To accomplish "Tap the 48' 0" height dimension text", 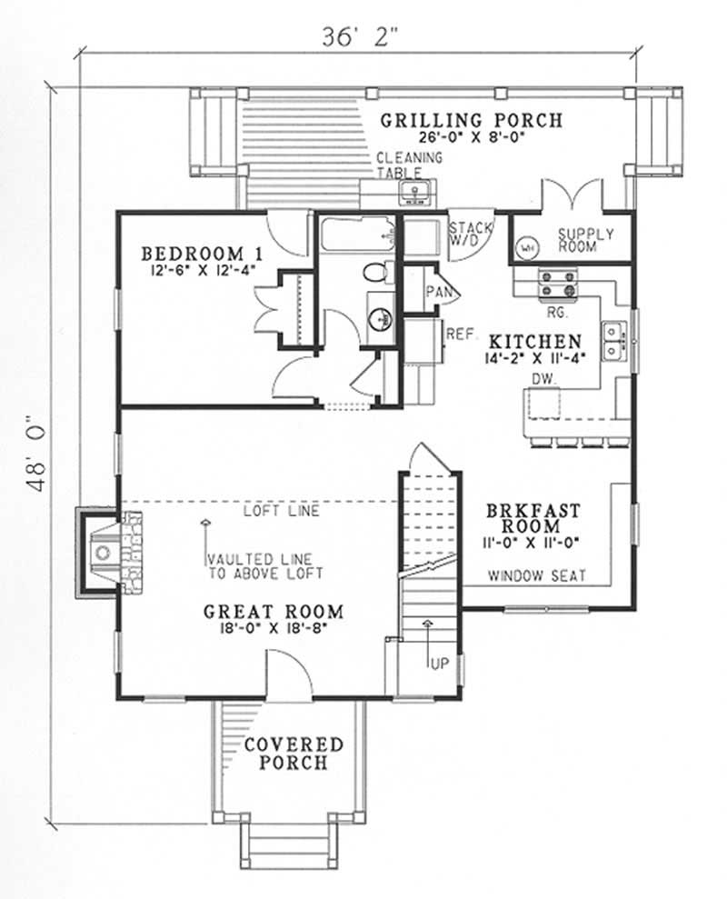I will click(x=37, y=454).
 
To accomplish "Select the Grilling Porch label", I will click(x=471, y=119).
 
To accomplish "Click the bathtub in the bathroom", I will click(x=357, y=237).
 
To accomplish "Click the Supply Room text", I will click(x=585, y=240).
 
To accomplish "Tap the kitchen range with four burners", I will click(x=558, y=285).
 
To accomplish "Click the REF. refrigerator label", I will click(x=461, y=335).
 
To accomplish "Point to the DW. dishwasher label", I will click(x=544, y=377).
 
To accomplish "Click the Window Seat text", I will click(x=536, y=575).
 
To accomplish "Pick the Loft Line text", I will click(x=281, y=511).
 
